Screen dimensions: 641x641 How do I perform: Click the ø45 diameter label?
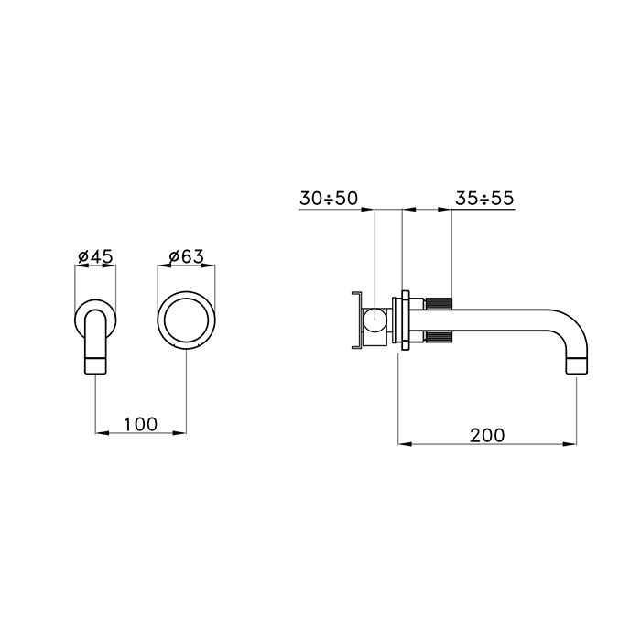(95, 256)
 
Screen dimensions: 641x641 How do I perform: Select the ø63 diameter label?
(187, 256)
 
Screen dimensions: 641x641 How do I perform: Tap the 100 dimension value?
(140, 424)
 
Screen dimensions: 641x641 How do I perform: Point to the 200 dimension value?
(487, 435)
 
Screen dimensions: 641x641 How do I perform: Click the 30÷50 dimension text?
(329, 199)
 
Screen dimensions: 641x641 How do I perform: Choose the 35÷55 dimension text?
(484, 199)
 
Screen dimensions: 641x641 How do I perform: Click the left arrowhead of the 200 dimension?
(405, 443)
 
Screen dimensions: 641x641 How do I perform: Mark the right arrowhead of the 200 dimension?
(570, 443)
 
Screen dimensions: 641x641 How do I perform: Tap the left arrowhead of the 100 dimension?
(103, 432)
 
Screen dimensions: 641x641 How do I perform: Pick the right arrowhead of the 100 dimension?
(179, 432)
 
